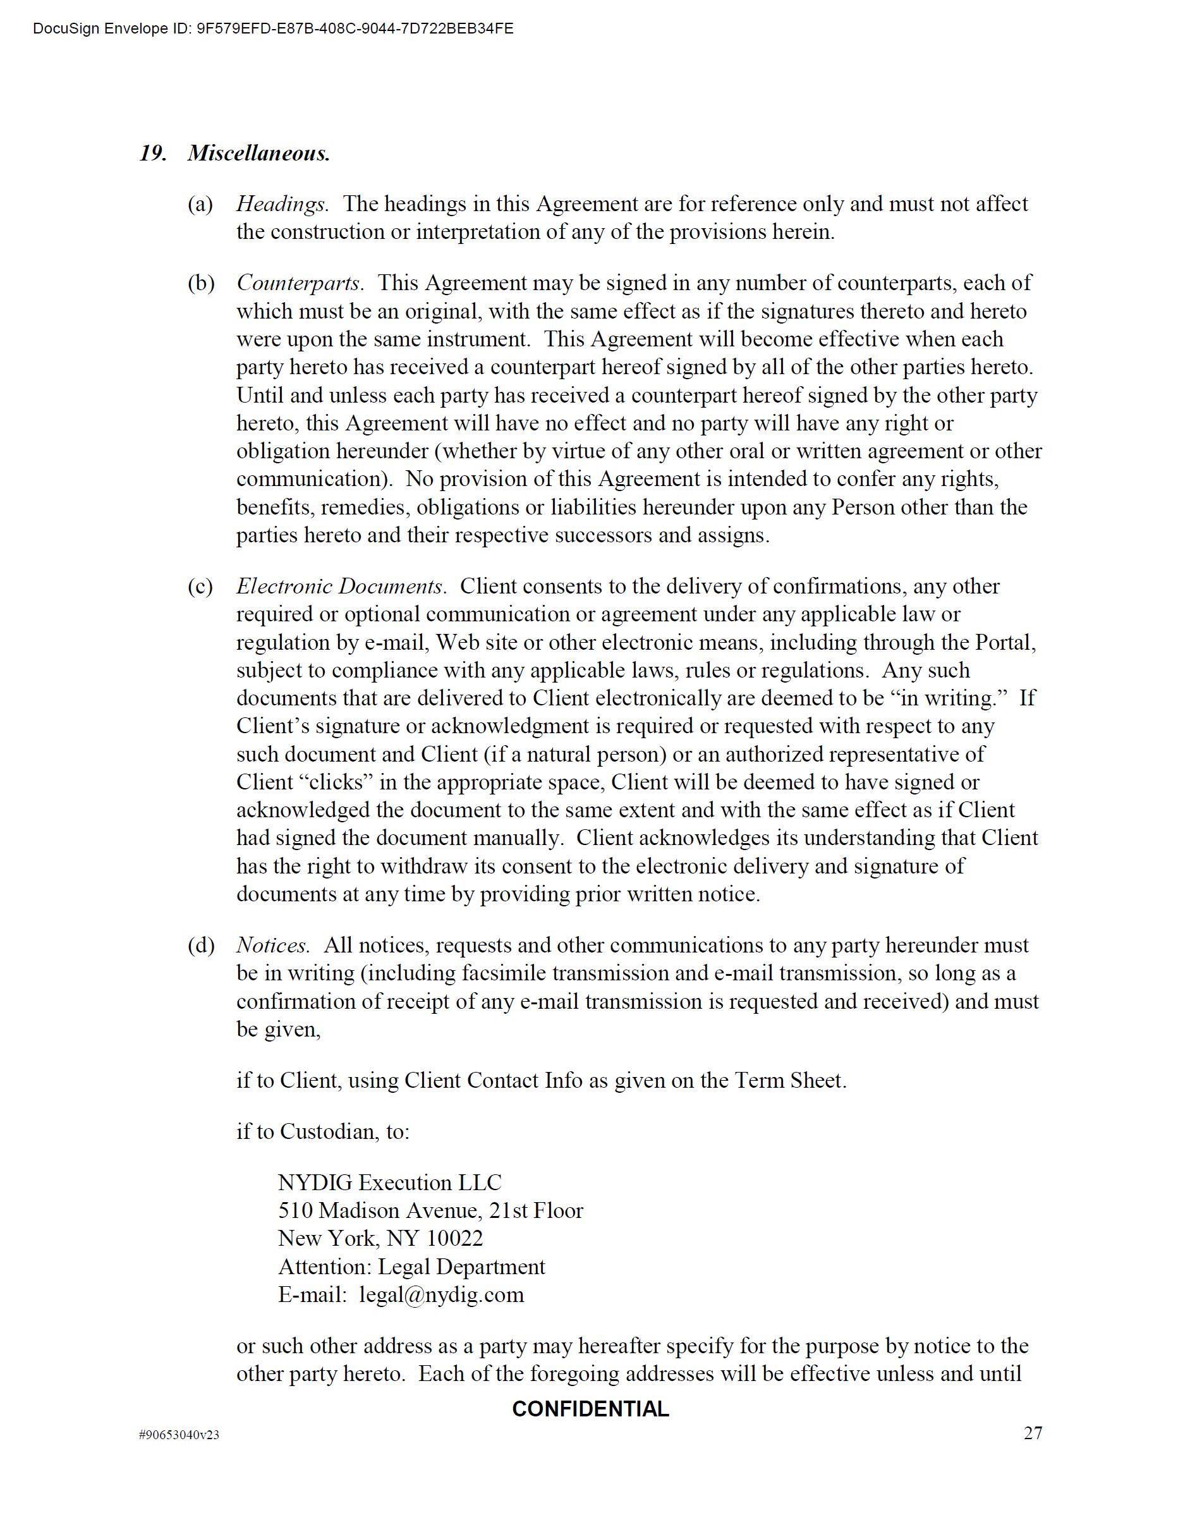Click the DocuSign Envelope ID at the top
(272, 28)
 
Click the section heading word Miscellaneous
(258, 153)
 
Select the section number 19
(152, 153)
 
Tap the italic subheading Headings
(282, 204)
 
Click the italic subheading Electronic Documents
(341, 586)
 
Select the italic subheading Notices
(272, 946)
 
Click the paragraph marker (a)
(200, 204)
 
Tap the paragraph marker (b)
(200, 283)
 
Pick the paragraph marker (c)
(200, 586)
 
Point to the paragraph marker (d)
(200, 946)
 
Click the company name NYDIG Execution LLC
(389, 1183)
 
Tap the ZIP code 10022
(454, 1238)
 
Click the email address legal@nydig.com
(441, 1294)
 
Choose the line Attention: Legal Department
(411, 1266)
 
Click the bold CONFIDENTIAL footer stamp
(590, 1409)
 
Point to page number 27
(1033, 1433)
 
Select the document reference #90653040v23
(179, 1435)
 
